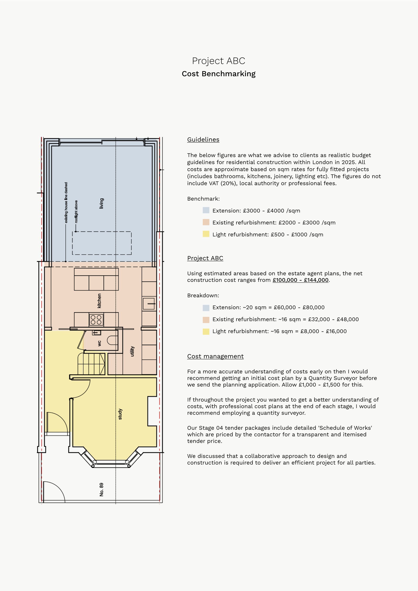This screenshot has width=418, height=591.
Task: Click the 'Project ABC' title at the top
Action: (218, 61)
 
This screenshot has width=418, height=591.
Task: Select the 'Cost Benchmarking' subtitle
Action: (218, 74)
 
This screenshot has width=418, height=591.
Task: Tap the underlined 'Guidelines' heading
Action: (203, 140)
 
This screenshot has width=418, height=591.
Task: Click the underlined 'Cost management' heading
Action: (215, 356)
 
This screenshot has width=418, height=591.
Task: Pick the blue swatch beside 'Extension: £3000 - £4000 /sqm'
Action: (206, 210)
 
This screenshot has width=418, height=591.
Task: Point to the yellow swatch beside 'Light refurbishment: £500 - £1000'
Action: (206, 234)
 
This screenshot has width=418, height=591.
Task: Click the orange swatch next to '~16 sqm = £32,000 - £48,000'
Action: (206, 320)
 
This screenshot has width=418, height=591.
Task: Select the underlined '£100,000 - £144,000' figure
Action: (300, 280)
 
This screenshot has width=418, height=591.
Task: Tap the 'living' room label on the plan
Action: (101, 203)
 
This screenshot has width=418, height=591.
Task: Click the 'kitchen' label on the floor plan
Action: (99, 301)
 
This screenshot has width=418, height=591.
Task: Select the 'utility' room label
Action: (132, 351)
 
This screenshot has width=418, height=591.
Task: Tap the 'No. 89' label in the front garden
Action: (101, 489)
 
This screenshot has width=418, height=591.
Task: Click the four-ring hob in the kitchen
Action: (96, 320)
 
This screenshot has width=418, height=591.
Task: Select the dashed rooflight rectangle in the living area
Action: (102, 243)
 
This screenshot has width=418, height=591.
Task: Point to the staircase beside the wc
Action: (91, 364)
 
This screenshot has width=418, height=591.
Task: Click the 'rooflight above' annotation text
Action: (76, 212)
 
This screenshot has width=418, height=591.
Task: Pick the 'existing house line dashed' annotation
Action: (66, 203)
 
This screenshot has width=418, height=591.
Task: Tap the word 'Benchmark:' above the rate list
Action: (203, 199)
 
